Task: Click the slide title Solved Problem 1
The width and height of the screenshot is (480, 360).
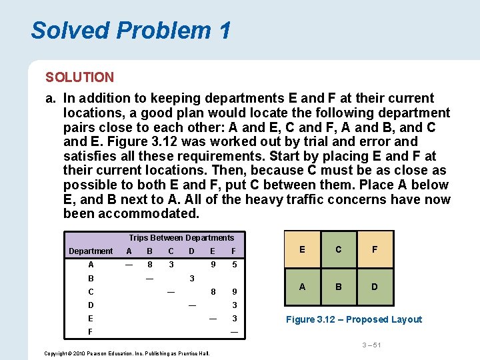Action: pos(131,30)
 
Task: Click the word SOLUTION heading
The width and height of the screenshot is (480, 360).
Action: pos(79,77)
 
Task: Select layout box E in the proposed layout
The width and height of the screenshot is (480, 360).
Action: pos(302,249)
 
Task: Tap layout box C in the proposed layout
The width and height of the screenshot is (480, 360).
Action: pos(339,249)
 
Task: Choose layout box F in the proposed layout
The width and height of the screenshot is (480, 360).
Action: pos(375,249)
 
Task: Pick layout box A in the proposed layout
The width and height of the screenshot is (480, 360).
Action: pos(302,287)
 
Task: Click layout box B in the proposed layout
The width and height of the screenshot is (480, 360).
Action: pos(339,287)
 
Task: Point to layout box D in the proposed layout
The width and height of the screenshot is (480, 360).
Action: pos(375,287)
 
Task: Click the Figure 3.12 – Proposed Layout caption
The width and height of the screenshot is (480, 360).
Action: pos(353,319)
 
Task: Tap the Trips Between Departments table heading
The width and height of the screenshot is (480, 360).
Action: pos(181,238)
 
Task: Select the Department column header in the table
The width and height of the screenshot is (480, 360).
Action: pos(91,251)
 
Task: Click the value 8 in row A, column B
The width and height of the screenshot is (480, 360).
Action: pos(150,265)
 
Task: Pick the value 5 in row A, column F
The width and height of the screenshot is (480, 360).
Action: pos(234,265)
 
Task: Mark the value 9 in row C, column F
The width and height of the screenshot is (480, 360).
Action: pos(234,291)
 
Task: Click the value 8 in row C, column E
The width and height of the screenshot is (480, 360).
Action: pos(213,291)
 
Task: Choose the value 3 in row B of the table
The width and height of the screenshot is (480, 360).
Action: pos(192,278)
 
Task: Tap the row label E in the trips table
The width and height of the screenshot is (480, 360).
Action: pos(91,319)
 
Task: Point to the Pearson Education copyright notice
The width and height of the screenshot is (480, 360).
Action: pos(126,353)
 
